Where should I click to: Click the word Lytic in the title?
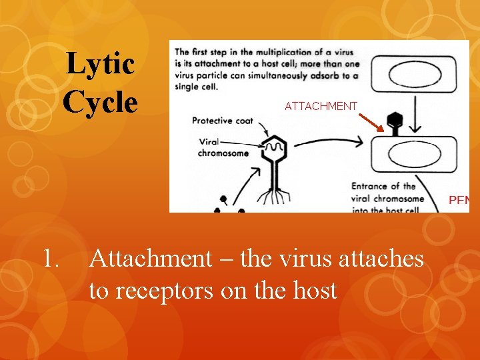[x=101, y=65]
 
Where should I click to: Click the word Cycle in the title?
[x=100, y=103]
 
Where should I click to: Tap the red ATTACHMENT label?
[x=321, y=106]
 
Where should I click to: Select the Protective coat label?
[x=222, y=121]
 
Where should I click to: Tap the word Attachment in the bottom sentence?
[x=149, y=258]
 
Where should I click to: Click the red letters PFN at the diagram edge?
[x=459, y=199]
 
